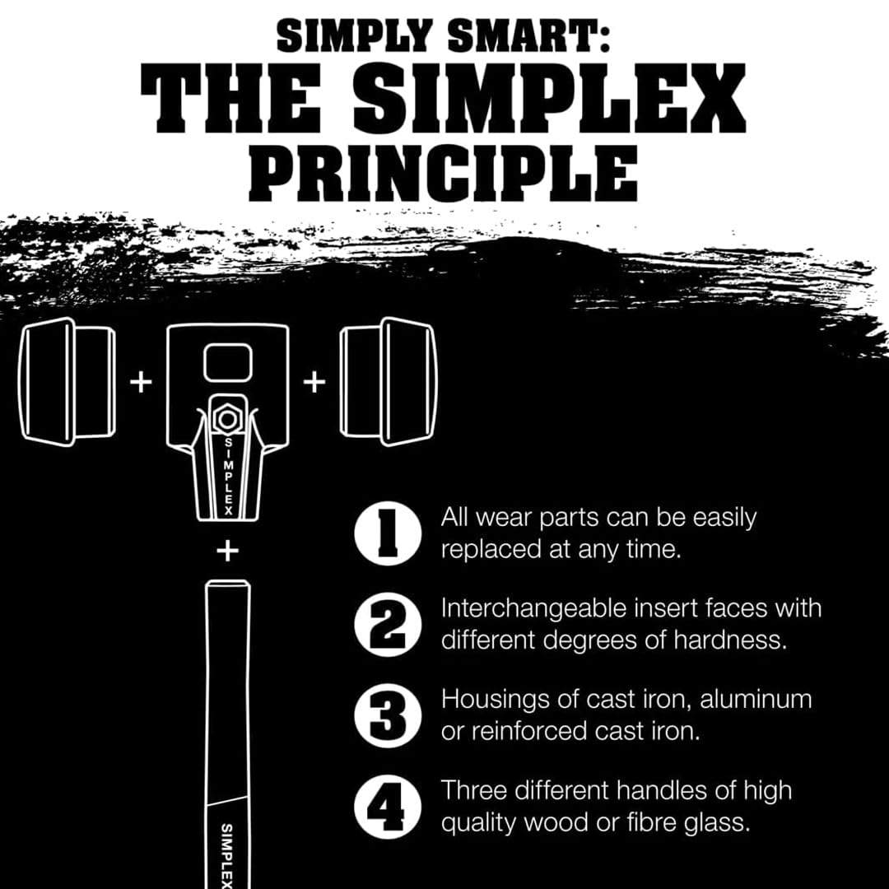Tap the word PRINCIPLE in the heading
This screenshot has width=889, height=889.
[x=444, y=174]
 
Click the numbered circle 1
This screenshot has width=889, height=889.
[x=388, y=533]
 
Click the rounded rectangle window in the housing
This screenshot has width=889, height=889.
[x=226, y=363]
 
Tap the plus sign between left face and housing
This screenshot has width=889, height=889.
[x=142, y=383]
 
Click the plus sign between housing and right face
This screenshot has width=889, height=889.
[x=314, y=383]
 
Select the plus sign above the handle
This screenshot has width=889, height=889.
[x=226, y=551]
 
